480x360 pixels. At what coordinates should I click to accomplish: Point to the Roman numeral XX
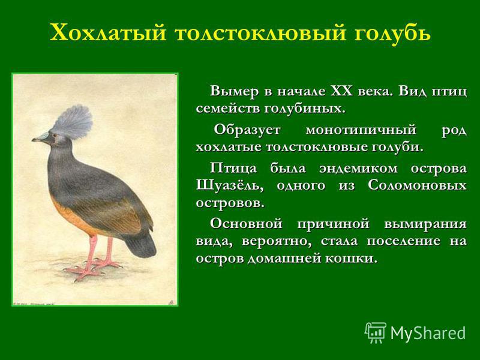point(341,91)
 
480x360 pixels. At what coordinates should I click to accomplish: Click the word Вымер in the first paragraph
point(234,91)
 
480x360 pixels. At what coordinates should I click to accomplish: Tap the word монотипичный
point(361,130)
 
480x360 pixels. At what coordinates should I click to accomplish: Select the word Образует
point(247,130)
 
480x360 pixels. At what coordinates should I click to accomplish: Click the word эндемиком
point(358,169)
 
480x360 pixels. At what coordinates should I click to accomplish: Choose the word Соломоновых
point(417,185)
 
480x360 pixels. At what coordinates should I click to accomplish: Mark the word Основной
point(246,224)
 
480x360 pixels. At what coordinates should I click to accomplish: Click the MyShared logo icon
point(376,332)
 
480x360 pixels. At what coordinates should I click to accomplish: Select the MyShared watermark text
point(428,333)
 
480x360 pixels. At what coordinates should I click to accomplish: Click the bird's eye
point(54,136)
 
